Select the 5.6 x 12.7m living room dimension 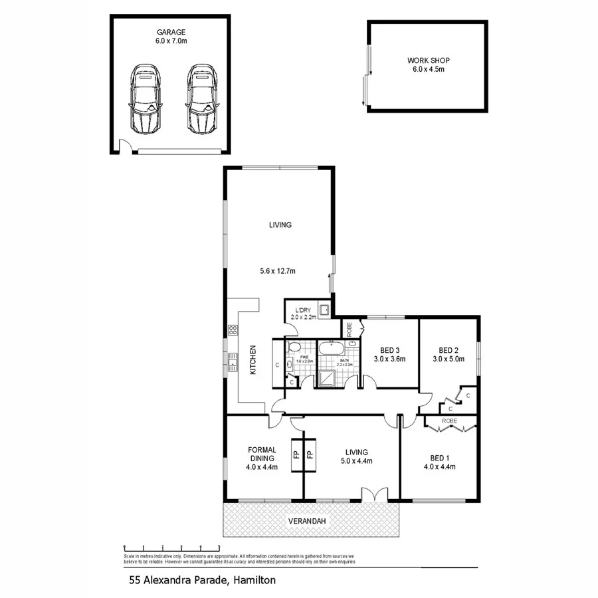(278, 270)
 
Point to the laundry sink (324, 310)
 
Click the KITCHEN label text (253, 359)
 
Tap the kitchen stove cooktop (233, 329)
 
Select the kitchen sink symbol (233, 361)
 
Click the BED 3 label (389, 350)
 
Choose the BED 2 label (448, 350)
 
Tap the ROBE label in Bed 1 (449, 421)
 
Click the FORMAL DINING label (261, 454)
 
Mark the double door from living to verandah (373, 495)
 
